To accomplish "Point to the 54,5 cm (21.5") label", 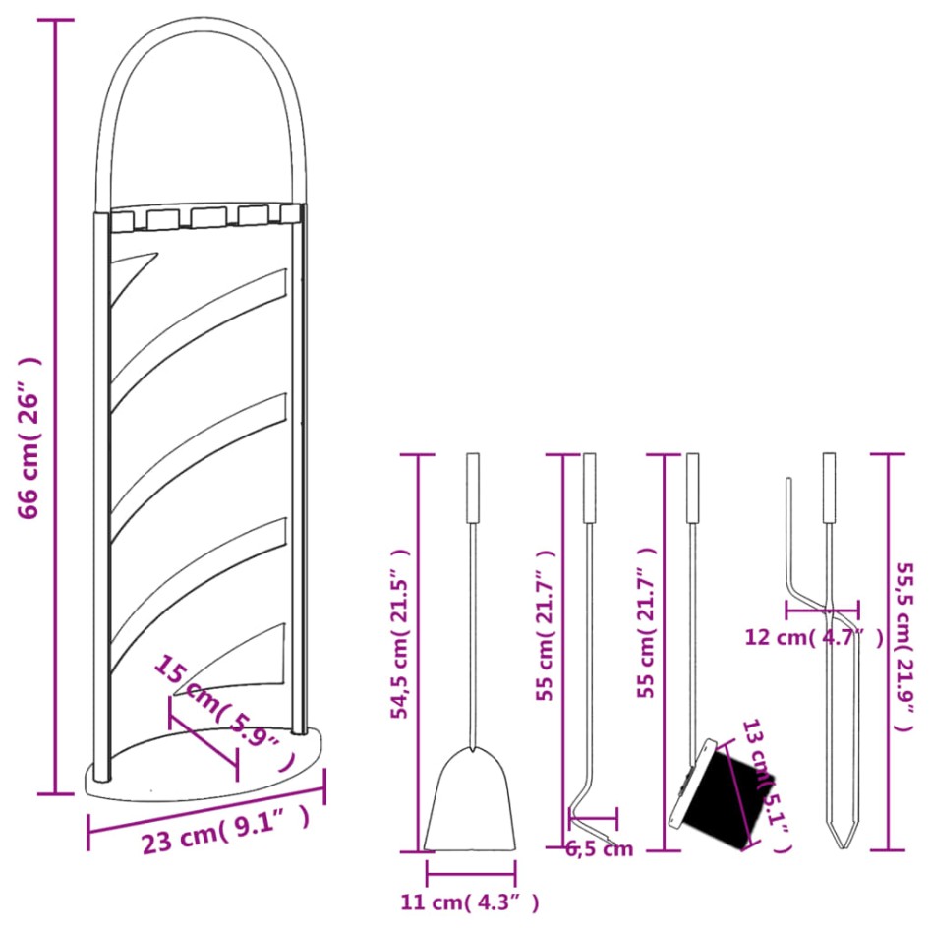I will click(400, 635).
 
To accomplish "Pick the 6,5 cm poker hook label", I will click(600, 849).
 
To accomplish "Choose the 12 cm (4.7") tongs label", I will click(813, 638).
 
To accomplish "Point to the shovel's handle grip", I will click(473, 488).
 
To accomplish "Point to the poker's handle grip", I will click(589, 488).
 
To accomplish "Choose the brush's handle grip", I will click(693, 488).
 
